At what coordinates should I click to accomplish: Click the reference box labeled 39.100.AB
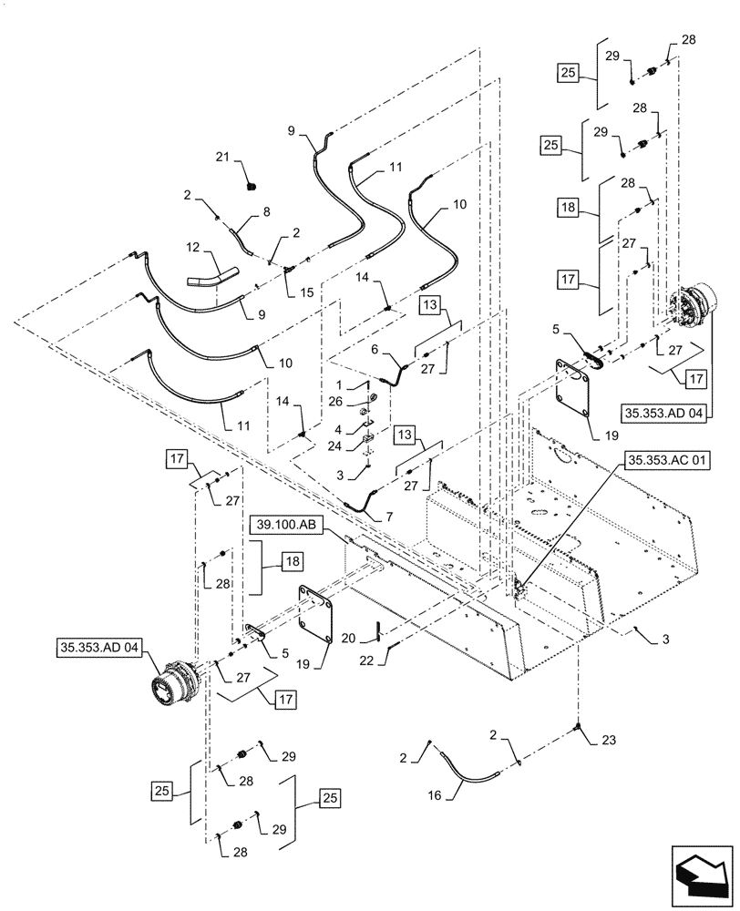coord(283,526)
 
